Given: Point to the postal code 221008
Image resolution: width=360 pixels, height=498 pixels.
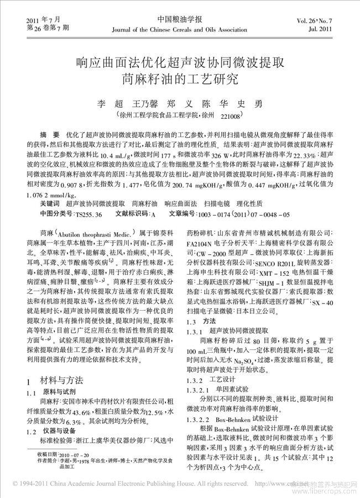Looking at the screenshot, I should [230, 117].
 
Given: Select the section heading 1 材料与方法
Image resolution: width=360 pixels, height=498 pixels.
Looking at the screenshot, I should [55, 381].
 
